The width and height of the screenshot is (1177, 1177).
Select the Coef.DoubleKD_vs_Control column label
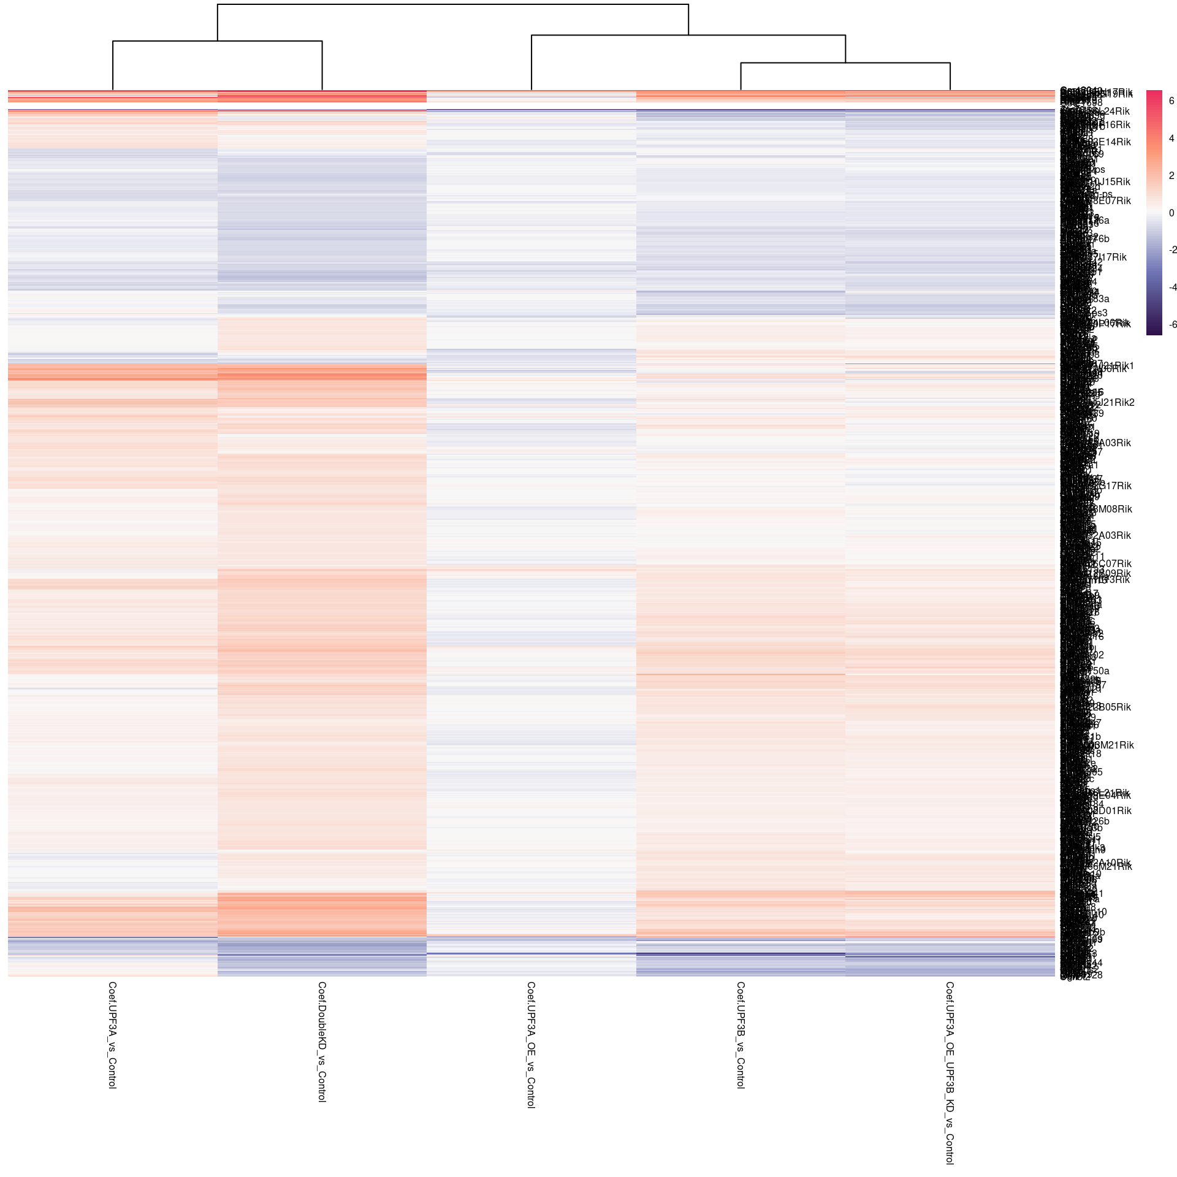pos(322,1042)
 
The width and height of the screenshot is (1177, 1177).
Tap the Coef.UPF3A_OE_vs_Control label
pos(531,1045)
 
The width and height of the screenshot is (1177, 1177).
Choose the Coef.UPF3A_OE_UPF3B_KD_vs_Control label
pos(950,1073)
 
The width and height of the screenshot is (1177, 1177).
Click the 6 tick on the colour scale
pos(1171,101)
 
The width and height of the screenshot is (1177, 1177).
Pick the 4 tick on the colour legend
pos(1171,139)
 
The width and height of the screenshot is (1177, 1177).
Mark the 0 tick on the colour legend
pos(1171,213)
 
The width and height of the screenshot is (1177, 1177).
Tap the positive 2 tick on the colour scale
pos(1171,176)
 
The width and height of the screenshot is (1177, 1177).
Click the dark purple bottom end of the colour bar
pos(1154,332)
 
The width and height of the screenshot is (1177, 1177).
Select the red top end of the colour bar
pos(1154,93)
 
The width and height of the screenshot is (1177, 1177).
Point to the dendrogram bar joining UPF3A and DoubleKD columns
pos(217,41)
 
